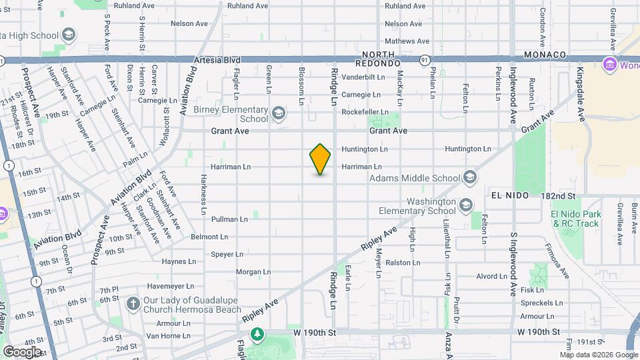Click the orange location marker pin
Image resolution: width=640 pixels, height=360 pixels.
(x=320, y=159)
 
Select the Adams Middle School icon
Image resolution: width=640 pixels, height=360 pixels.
(x=470, y=177)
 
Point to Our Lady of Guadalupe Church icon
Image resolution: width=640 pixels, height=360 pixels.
(x=133, y=304)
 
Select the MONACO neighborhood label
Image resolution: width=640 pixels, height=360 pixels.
(x=545, y=55)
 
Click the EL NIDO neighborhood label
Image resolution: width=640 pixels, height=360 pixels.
(x=509, y=195)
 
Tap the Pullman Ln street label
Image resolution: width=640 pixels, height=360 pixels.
(x=229, y=219)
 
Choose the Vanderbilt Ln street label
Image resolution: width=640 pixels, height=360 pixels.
(x=363, y=77)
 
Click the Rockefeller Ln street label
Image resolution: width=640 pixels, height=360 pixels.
(x=365, y=112)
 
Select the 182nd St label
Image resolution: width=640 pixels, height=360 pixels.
(x=558, y=195)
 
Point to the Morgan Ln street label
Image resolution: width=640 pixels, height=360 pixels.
(x=253, y=271)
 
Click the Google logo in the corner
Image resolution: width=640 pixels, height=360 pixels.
(x=22, y=351)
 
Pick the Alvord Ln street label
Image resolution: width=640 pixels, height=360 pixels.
(x=492, y=276)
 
